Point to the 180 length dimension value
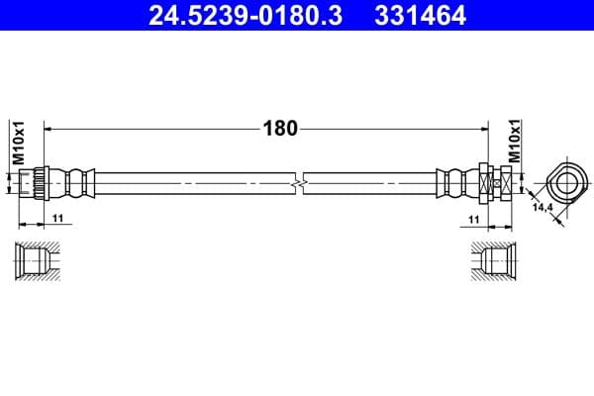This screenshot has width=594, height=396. coord(279,128)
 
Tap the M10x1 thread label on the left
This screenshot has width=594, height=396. coord(18,143)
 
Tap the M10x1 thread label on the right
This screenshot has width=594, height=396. coord(514,143)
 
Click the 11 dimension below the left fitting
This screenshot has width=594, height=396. coord(57,217)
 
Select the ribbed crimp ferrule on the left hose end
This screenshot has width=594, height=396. coord(75,183)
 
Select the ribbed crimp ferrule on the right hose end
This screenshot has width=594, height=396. coord(455,183)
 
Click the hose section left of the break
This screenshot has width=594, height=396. coord(198,183)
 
